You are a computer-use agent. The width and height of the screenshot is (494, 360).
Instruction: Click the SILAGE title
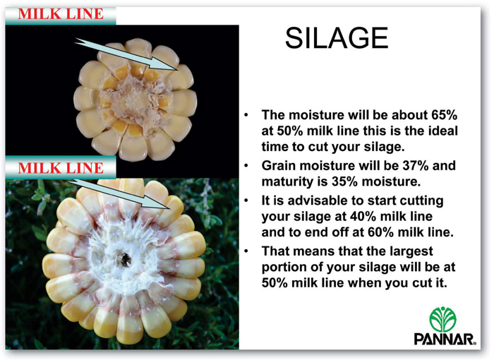click(x=337, y=37)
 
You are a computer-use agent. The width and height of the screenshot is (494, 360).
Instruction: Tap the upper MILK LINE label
click(x=61, y=14)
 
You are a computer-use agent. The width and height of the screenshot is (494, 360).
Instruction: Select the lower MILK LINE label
click(x=61, y=168)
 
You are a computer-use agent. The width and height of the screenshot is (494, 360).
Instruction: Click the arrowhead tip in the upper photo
click(x=179, y=70)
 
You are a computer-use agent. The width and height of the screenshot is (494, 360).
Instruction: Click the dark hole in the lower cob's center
click(x=125, y=259)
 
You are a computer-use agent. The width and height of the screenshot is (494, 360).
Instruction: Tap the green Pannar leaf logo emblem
click(x=442, y=319)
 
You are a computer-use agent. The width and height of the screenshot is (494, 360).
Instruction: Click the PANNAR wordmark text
click(x=445, y=340)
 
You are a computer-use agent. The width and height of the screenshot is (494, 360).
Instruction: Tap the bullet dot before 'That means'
click(x=246, y=251)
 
